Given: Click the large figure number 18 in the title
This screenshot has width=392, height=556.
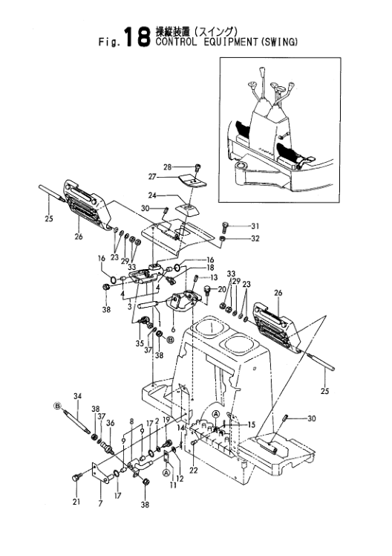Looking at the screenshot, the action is pos(136,37).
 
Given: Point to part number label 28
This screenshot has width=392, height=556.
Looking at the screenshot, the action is pos(168,167).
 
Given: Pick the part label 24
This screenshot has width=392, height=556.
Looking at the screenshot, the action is pos(153,195).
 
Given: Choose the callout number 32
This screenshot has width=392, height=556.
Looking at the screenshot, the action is pos(255,239).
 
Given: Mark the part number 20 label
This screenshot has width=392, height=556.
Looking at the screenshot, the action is pos(222,289).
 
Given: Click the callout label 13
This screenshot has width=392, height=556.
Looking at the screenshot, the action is pos(215,277).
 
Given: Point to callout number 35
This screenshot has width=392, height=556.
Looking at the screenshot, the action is pos(140,343).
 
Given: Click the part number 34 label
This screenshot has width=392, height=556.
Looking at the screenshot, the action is pos(78,395).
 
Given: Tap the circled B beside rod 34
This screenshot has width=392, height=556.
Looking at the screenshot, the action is pos(56,405).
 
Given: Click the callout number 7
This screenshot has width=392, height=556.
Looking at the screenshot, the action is pos(101,503).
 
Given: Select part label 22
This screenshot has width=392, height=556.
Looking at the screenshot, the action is pos(193,471).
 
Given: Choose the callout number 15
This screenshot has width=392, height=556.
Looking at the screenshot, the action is pos(251,424).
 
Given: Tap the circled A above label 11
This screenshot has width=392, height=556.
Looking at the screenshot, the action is pos(166,472).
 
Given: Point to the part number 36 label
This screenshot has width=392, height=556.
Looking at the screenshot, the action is pos(111,423).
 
